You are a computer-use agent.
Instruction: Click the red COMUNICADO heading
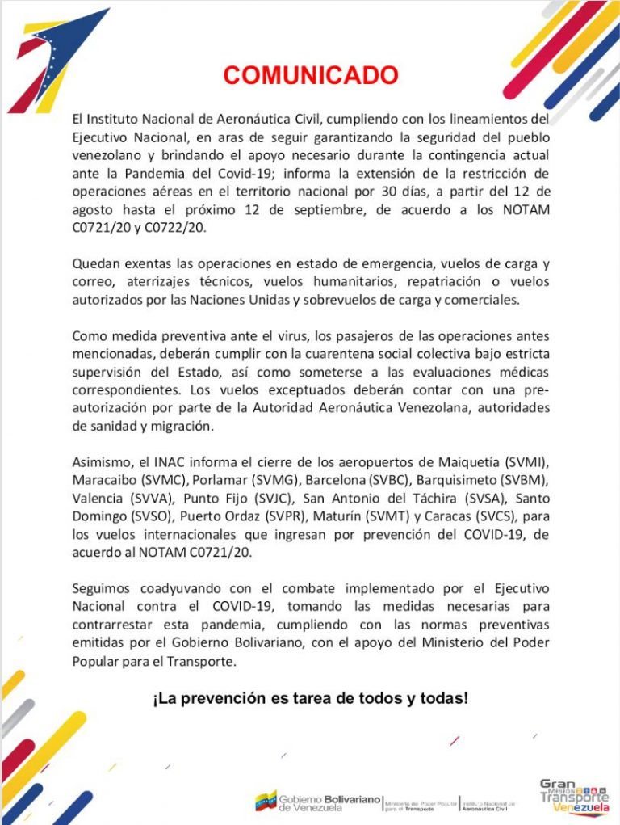click(311, 76)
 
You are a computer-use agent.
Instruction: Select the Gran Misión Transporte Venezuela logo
click(574, 796)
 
